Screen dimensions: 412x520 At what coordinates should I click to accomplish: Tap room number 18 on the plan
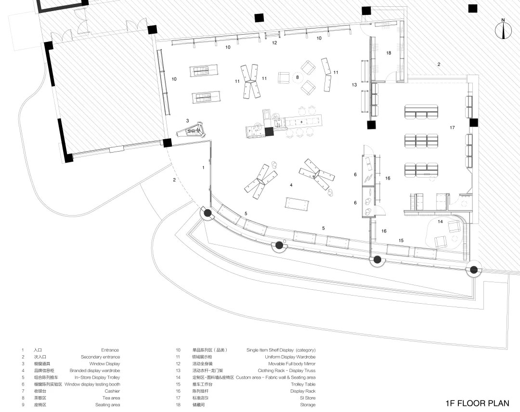pyautogui.click(x=389, y=52)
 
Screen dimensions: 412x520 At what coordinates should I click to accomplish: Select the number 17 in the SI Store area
pyautogui.click(x=452, y=128)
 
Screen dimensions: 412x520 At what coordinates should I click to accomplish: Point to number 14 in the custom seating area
pyautogui.click(x=440, y=221)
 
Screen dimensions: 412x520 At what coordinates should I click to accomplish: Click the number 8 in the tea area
pyautogui.click(x=298, y=77)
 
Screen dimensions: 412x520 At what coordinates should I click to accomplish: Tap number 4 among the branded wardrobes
pyautogui.click(x=291, y=185)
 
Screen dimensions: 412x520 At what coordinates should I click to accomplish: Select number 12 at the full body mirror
pyautogui.click(x=274, y=43)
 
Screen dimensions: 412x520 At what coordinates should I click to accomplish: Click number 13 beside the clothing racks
pyautogui.click(x=354, y=85)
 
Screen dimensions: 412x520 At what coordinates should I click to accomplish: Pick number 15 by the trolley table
pyautogui.click(x=401, y=240)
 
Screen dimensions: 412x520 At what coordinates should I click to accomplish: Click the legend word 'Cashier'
pyautogui.click(x=112, y=391)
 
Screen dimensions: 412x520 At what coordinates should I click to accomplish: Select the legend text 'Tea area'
pyautogui.click(x=112, y=398)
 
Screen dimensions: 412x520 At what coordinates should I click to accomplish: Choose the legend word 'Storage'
pyautogui.click(x=308, y=405)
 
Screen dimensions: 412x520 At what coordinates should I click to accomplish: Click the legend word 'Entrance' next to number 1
pyautogui.click(x=110, y=350)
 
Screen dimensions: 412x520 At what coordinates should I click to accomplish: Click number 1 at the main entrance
pyautogui.click(x=204, y=167)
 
